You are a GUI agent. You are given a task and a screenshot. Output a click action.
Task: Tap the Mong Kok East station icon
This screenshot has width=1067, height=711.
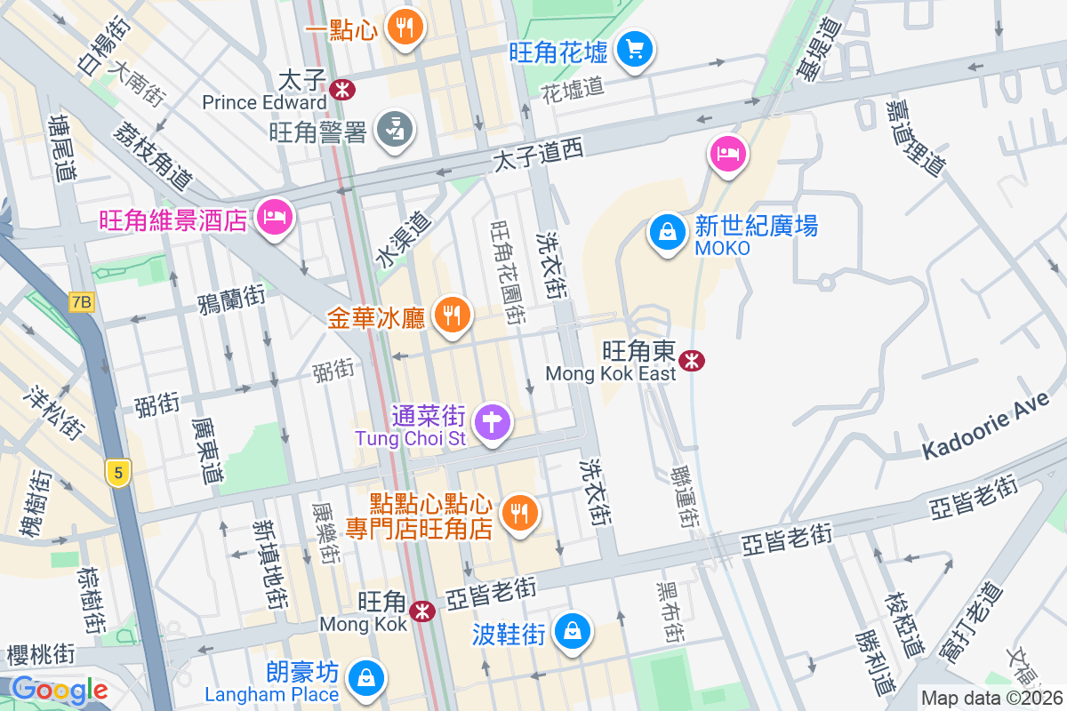tap(692, 360)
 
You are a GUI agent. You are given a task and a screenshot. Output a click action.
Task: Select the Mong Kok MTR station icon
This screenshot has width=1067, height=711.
tap(422, 611)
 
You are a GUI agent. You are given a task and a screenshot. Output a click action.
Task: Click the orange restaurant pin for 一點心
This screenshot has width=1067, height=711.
tap(405, 27)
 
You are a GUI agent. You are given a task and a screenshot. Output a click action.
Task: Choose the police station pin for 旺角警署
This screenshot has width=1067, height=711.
tap(392, 130)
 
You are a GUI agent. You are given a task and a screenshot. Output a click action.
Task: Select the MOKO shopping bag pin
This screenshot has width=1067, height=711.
tap(666, 233)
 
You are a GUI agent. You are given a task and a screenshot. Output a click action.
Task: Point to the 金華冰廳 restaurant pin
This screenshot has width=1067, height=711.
tap(452, 314)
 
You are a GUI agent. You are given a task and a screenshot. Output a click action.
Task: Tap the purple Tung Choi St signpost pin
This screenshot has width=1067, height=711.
tap(492, 420)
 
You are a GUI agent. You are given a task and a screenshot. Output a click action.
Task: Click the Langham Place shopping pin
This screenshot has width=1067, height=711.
tap(365, 677)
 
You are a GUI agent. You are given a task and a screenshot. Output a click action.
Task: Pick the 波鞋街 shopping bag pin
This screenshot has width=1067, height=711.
tap(574, 631)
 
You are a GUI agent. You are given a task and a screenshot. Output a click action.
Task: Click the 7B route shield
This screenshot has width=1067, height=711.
tap(80, 302)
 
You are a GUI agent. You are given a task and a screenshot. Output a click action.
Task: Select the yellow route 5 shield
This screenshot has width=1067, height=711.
tap(116, 472)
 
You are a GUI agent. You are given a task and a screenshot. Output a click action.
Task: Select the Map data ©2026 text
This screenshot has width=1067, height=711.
tap(991, 699)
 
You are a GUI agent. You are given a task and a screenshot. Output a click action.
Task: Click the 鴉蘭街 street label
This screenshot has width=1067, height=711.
tap(232, 297)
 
